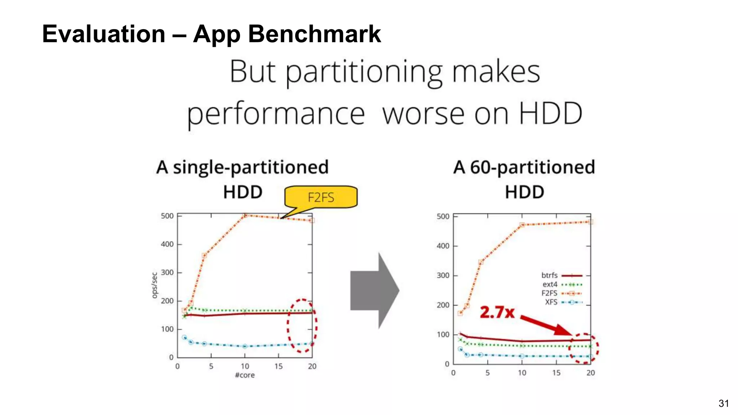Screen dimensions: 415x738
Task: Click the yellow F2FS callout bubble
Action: (321, 197)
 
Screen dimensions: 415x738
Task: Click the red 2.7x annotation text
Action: (497, 312)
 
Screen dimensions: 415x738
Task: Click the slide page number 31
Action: (724, 403)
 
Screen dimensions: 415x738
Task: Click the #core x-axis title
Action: (245, 375)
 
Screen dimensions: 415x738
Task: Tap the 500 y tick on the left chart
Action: (167, 216)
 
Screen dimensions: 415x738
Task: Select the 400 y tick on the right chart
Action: (443, 246)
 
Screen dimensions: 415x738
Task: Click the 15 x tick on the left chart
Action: (279, 366)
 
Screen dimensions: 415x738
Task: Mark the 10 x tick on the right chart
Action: (522, 373)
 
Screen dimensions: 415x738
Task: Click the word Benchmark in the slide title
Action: (314, 34)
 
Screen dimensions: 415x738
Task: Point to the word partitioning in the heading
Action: (364, 72)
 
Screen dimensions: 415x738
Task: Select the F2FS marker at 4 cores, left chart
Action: (204, 255)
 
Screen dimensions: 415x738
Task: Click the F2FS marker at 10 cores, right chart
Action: (522, 225)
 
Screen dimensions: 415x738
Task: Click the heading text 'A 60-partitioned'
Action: (524, 167)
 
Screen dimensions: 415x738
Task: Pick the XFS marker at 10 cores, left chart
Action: (245, 346)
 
